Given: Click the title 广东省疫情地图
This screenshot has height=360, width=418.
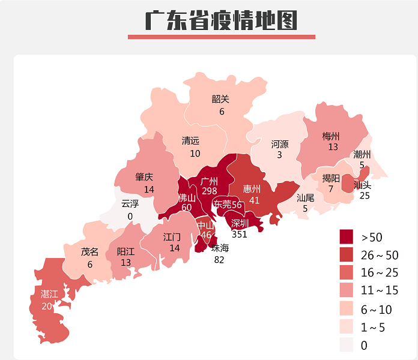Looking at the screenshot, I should (x=221, y=20).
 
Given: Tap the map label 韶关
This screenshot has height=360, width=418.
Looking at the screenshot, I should (x=221, y=99).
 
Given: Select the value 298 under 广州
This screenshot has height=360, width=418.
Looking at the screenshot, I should (x=209, y=191).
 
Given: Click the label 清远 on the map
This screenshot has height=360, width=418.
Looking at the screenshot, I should (x=191, y=141).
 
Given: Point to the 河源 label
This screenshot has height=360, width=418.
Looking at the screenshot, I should (x=280, y=145).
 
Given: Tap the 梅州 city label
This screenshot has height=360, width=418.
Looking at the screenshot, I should (x=331, y=136).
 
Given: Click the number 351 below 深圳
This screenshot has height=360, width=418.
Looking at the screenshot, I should (x=239, y=234).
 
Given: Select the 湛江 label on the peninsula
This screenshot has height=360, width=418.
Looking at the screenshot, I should (x=49, y=294).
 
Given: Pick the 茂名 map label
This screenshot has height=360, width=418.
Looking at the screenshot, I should (x=89, y=252).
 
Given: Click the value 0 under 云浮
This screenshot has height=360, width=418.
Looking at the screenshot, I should (x=130, y=216).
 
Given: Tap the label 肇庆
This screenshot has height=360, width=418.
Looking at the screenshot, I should (x=144, y=177).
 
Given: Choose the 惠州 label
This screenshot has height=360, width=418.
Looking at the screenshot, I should (x=252, y=189).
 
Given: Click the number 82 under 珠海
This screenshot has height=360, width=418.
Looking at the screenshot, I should (x=220, y=259).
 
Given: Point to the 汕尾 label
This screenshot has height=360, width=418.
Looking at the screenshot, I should (x=305, y=197).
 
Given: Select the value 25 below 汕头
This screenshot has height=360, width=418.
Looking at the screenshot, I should (x=364, y=196).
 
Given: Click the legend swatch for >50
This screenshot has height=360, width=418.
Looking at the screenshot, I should (x=347, y=237).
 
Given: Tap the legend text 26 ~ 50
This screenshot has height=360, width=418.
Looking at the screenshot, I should (x=380, y=255).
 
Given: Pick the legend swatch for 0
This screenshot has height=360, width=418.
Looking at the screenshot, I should (x=347, y=345).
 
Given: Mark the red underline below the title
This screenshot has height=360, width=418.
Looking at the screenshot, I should (x=221, y=37).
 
